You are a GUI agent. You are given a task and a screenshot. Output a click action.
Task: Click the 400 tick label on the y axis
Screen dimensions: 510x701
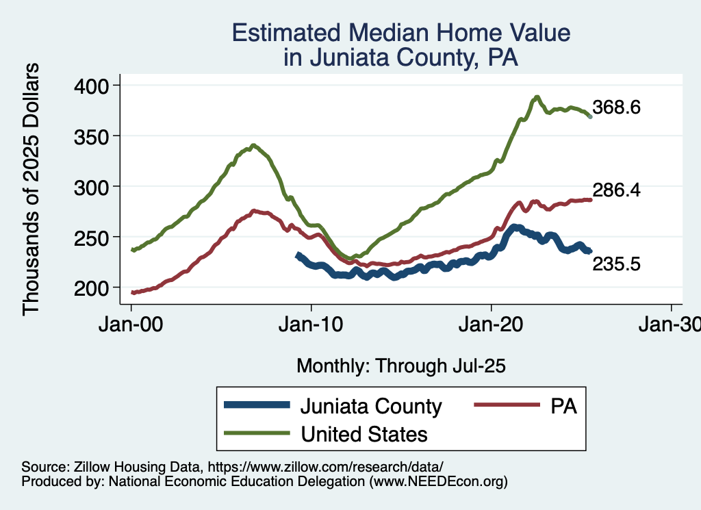click(x=94, y=86)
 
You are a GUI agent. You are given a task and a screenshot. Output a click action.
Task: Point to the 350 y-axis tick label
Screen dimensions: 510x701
click(x=94, y=136)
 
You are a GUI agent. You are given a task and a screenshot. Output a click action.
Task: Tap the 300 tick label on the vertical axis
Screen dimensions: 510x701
click(x=94, y=187)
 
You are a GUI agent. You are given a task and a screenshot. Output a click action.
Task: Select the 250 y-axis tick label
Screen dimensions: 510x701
click(x=94, y=238)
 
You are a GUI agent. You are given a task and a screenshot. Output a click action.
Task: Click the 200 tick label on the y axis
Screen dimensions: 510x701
click(x=94, y=288)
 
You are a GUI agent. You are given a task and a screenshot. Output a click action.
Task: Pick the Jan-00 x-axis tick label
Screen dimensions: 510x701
click(x=131, y=325)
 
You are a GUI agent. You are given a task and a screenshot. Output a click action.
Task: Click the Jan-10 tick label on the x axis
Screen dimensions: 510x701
click(x=311, y=325)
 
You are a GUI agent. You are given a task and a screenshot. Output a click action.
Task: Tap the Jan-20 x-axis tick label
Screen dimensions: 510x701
click(x=491, y=325)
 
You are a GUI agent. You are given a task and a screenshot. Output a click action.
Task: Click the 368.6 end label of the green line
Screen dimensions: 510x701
click(x=616, y=108)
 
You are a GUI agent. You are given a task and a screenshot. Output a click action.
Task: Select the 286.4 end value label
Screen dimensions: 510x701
click(x=616, y=191)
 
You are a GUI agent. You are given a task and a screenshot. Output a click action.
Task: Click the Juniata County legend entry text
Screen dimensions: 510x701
click(x=370, y=407)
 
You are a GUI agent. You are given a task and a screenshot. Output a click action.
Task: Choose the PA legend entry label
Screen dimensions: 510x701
click(x=563, y=407)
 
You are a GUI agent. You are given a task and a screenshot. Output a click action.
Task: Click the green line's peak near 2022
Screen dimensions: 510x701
click(x=537, y=97)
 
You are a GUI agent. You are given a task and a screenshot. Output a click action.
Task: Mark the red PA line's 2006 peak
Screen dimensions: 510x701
click(x=254, y=211)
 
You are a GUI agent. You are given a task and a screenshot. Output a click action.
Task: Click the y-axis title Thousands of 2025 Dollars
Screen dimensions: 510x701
click(x=31, y=188)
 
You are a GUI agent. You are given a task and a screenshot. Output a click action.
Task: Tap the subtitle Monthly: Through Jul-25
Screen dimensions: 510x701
click(x=400, y=366)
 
